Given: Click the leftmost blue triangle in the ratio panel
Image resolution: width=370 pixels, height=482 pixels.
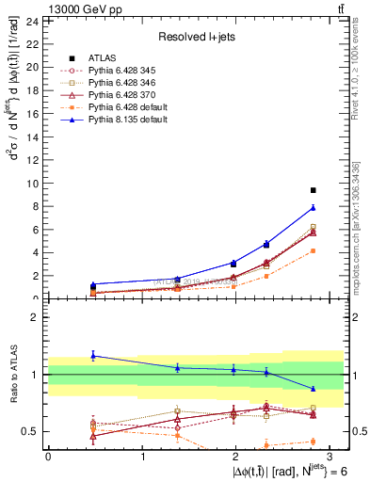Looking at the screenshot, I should click(x=93, y=355).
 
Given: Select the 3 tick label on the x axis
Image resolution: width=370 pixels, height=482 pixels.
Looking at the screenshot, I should click(x=330, y=457).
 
